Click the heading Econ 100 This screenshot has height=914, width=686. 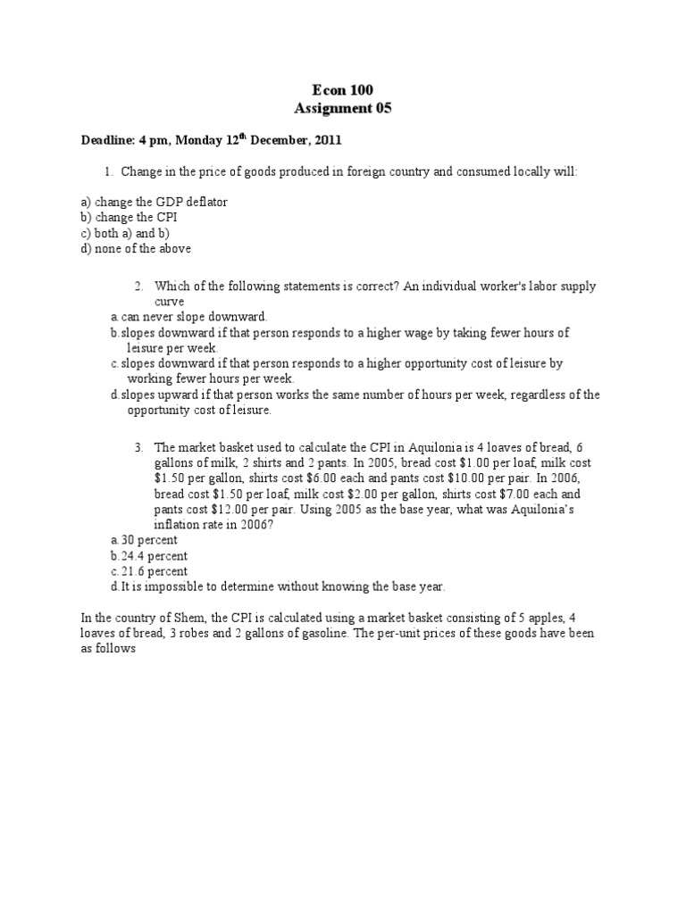coord(342,89)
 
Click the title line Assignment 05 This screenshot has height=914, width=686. coord(342,109)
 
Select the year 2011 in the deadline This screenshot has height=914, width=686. coord(324,140)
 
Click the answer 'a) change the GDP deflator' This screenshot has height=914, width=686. coord(154,202)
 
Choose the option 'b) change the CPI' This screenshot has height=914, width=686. coord(129,218)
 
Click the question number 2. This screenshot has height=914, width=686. coord(138,287)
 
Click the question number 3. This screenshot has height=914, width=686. coord(138,447)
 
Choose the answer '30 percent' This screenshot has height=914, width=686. coord(148,540)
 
